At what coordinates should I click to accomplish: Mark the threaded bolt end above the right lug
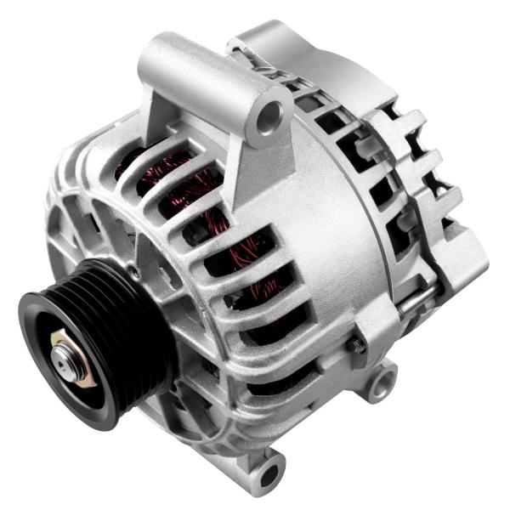click(360, 344)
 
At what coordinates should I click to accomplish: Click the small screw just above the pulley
click(133, 273)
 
